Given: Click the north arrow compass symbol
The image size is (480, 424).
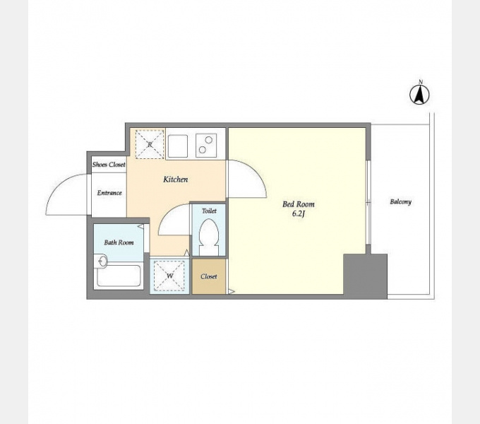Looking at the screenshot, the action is pyautogui.click(x=419, y=94).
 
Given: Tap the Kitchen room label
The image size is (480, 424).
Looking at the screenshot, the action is pyautogui.click(x=175, y=179).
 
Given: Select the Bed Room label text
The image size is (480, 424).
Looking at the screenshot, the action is pyautogui.click(x=299, y=204).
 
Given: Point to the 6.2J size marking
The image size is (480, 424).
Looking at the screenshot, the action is pyautogui.click(x=299, y=214).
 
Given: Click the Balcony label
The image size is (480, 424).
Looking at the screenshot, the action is pyautogui.click(x=400, y=201).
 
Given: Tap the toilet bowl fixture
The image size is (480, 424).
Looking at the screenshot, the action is pyautogui.click(x=209, y=237).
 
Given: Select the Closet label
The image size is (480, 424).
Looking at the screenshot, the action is pyautogui.click(x=209, y=276).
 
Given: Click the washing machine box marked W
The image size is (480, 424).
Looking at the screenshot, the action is pyautogui.click(x=169, y=276).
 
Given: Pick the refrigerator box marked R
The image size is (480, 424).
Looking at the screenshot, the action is pyautogui.click(x=150, y=144).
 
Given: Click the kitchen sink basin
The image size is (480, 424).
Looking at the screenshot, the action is pyautogui.click(x=178, y=146).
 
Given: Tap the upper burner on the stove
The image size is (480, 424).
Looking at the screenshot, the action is pyautogui.click(x=209, y=140).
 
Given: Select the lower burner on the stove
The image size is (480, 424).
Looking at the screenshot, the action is pyautogui.click(x=202, y=150).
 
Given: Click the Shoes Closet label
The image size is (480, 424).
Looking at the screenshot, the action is pyautogui.click(x=109, y=165).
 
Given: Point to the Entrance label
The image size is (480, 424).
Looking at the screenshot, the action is pyautogui.click(x=109, y=193).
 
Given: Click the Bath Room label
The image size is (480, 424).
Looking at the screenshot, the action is pyautogui.click(x=119, y=242).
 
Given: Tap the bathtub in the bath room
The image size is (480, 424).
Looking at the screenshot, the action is pyautogui.click(x=119, y=276).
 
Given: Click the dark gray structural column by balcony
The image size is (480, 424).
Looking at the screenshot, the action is pyautogui.click(x=365, y=276).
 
